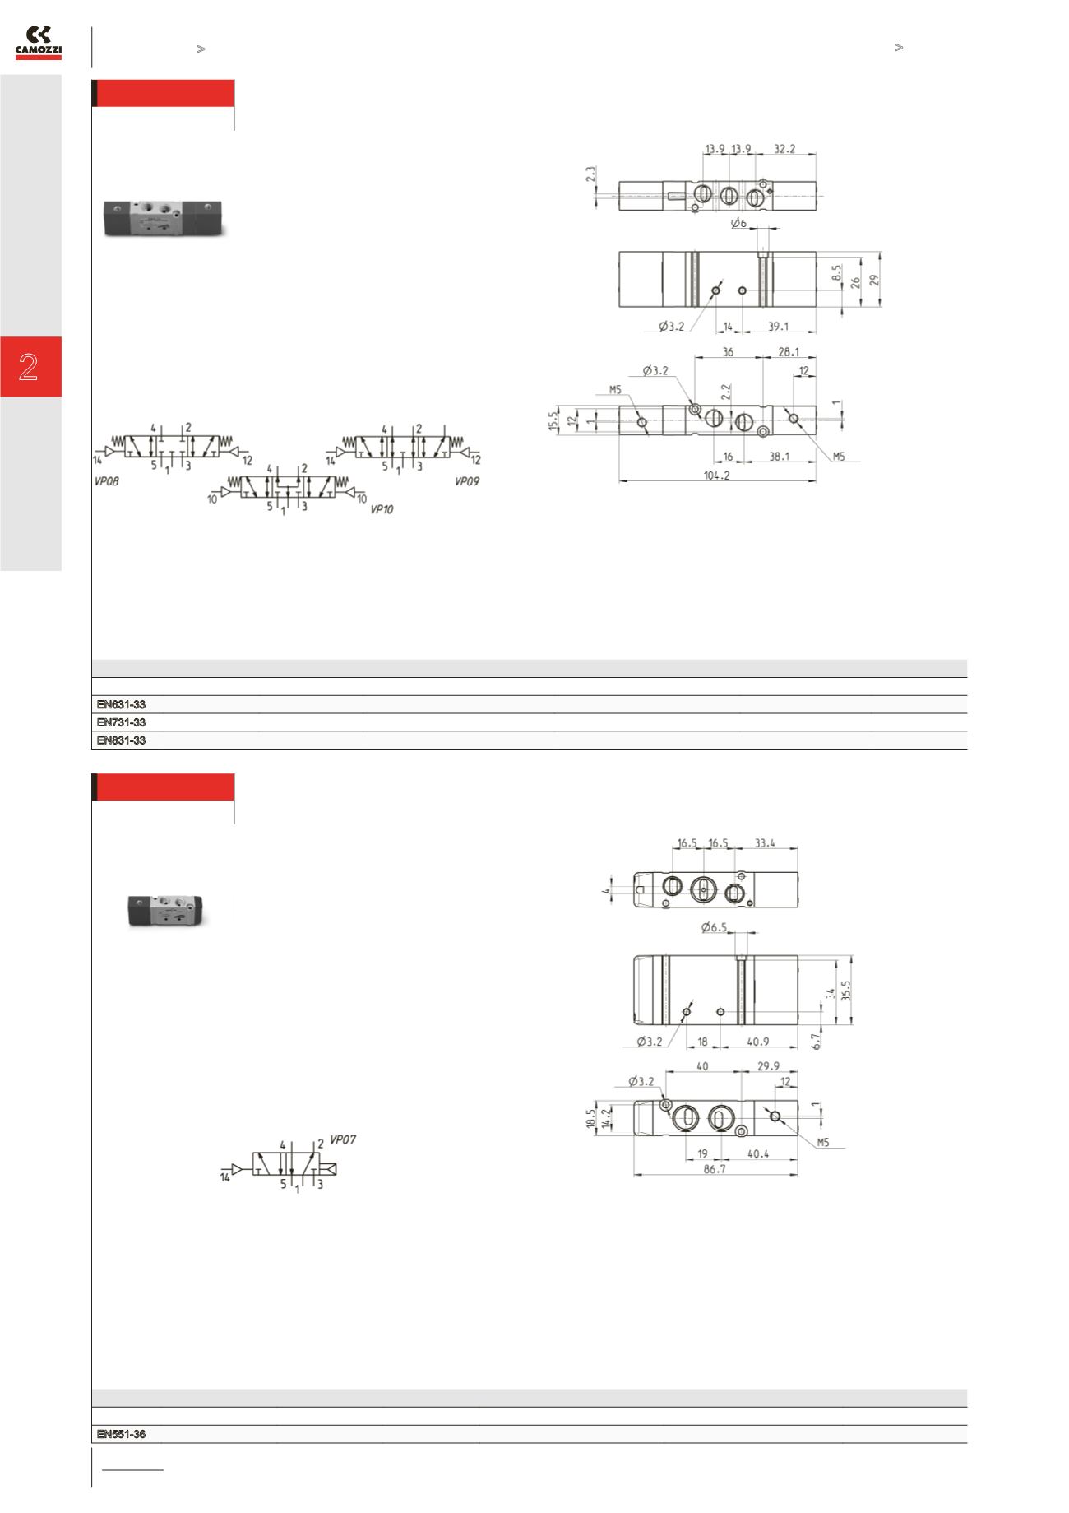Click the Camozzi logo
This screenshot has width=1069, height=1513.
tap(39, 43)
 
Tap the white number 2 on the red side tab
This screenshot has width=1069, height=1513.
tap(29, 367)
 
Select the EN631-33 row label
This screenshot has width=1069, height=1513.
tap(122, 704)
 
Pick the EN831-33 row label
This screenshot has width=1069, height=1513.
tap(122, 740)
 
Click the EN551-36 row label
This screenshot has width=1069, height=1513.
tap(122, 1435)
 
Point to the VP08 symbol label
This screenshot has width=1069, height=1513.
tap(105, 482)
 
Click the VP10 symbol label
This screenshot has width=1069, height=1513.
tap(382, 510)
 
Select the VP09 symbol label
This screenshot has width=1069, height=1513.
tap(466, 482)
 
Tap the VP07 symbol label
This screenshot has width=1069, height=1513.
tap(343, 1140)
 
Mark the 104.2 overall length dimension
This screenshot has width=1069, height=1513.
tap(717, 476)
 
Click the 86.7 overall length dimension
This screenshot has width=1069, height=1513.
tap(715, 1169)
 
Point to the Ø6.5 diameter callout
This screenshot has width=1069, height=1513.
tap(715, 928)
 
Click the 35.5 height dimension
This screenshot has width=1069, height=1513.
tap(847, 991)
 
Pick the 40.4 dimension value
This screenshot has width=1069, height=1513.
tap(758, 1154)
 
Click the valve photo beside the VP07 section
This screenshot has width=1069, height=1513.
tap(169, 910)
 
